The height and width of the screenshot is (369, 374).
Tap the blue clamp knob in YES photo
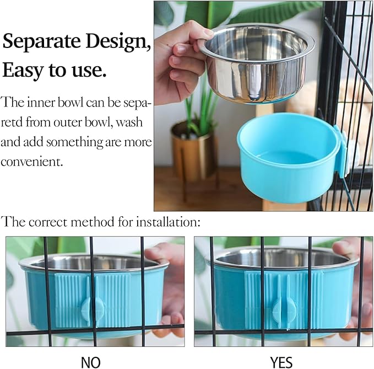coord(280,311)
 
